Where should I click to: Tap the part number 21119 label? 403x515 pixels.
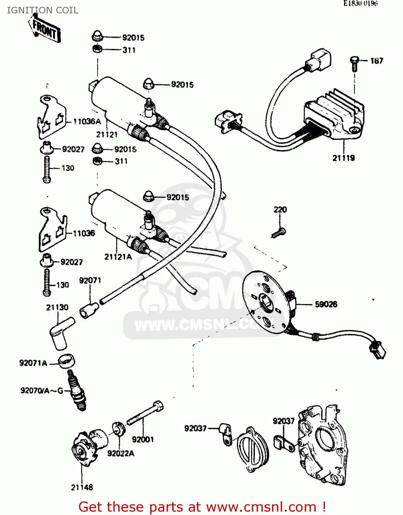point(343,158)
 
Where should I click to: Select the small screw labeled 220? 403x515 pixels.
point(279,233)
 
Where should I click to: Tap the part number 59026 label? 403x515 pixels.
point(326,304)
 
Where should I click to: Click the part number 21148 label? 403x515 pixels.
point(82,487)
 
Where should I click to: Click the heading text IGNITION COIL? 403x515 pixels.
point(43,10)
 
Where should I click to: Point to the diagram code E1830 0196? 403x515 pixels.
point(360,4)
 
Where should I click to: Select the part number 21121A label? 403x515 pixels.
point(118,257)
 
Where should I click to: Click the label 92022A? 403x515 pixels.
point(121,454)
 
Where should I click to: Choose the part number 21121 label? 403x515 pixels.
point(107,135)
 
